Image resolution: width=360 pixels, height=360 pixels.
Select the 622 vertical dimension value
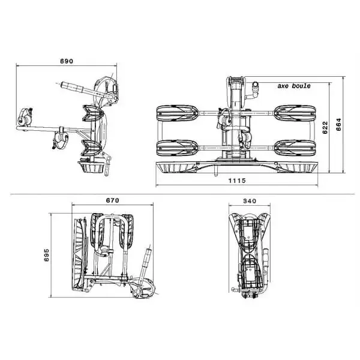(325, 127)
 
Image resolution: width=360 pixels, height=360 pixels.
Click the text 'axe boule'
(294, 86)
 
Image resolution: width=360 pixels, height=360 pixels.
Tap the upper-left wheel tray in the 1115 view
(178, 113)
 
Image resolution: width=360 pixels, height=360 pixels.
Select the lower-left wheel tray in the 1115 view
(178, 147)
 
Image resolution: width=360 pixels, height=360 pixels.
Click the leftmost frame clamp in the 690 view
(25, 117)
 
